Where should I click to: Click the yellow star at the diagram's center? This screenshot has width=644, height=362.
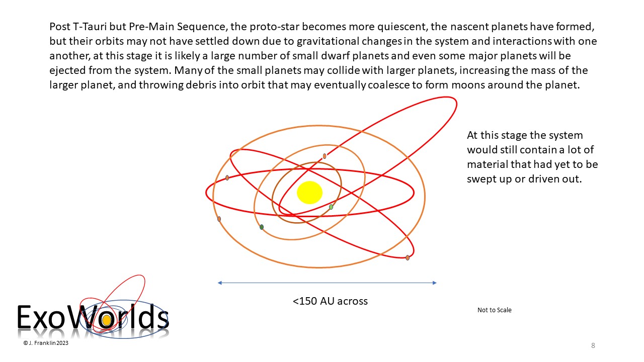(x=309, y=193)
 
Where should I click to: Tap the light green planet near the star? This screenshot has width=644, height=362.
(x=331, y=207)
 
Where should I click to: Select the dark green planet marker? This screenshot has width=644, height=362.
(x=261, y=227)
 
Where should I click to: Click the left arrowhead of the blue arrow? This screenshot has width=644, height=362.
(x=220, y=283)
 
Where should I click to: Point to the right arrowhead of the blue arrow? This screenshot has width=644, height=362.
(x=435, y=283)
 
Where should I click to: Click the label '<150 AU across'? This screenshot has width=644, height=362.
(x=330, y=301)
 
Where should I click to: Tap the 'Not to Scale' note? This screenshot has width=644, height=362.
(x=495, y=310)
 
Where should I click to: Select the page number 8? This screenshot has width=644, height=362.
(x=593, y=345)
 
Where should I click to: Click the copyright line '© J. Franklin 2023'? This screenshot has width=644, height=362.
(x=46, y=343)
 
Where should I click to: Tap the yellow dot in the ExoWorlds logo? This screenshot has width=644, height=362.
(x=107, y=320)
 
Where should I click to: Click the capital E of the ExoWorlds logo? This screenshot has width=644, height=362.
(x=25, y=317)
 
